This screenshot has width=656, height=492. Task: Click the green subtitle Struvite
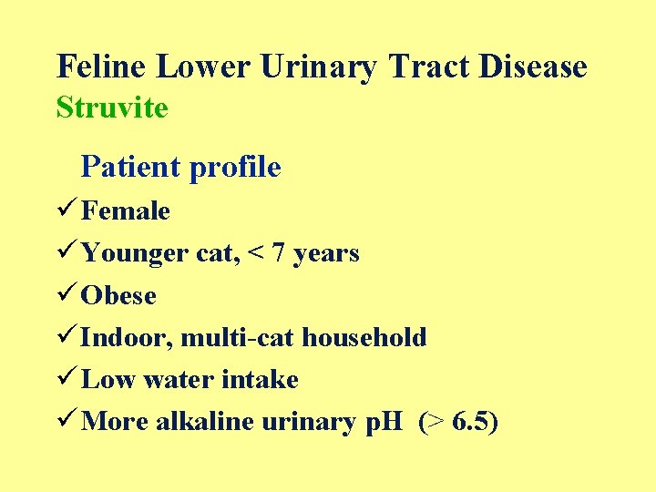[x=112, y=108]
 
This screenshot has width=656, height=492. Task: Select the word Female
[x=126, y=211]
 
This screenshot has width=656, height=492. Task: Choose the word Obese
[x=118, y=296]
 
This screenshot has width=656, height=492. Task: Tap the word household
[x=364, y=338]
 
